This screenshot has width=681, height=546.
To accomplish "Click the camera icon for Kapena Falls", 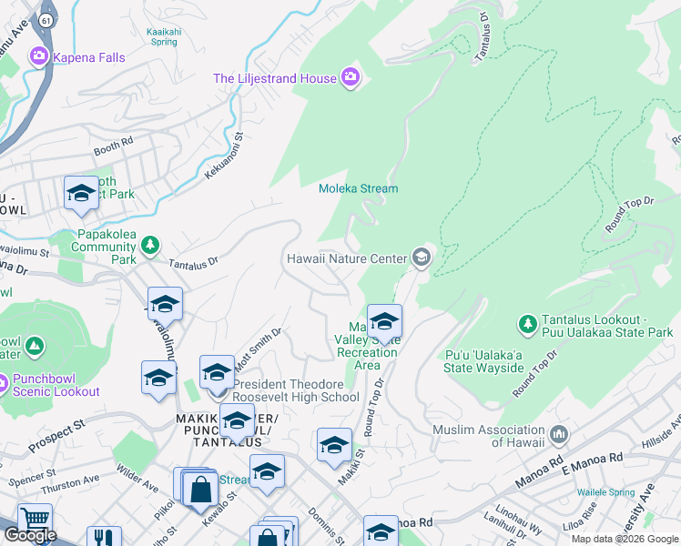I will [38, 57].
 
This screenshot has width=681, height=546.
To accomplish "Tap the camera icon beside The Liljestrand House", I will [351, 78].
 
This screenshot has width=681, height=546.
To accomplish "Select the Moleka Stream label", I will [358, 189].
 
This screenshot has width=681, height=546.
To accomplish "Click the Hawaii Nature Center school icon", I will [421, 258].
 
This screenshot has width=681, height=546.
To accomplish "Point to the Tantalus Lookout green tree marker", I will [527, 323].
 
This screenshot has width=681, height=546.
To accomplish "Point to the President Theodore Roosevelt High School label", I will [296, 389].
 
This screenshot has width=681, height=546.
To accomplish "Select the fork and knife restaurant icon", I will [104, 538].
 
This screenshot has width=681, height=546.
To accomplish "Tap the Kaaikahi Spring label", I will [162, 35].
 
